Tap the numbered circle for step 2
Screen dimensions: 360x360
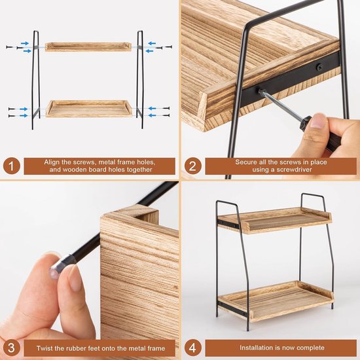191,166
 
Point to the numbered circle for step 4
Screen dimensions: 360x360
191,346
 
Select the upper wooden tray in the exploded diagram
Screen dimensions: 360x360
88,47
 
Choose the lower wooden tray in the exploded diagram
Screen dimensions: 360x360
88,108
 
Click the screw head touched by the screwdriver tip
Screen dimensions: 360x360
260,91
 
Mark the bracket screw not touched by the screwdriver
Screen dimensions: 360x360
319,67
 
